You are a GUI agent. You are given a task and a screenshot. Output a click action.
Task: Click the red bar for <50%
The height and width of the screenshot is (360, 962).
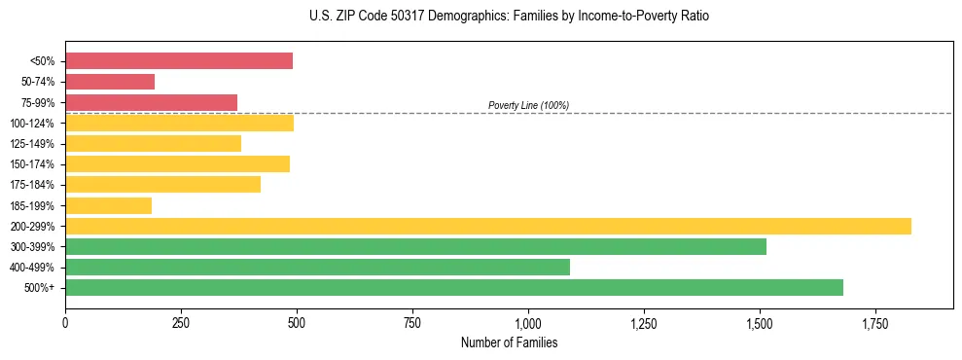[x=179, y=61]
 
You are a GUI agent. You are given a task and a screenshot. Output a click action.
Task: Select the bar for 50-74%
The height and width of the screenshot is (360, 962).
[x=110, y=82]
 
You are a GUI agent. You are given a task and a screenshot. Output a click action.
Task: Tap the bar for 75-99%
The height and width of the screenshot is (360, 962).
[x=151, y=102]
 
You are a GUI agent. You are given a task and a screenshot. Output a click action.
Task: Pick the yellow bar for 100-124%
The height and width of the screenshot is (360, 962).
[x=179, y=123]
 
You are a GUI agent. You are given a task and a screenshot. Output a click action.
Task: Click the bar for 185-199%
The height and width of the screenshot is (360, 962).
[x=108, y=205]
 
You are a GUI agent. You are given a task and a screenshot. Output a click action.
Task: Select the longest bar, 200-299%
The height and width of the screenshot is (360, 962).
[x=487, y=226]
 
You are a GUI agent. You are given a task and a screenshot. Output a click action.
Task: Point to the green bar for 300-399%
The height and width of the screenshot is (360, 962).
[x=415, y=246]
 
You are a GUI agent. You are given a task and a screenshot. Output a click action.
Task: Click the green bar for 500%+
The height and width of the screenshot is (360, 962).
[x=453, y=287]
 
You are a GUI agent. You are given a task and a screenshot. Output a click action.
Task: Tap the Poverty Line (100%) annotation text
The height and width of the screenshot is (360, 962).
[x=528, y=105]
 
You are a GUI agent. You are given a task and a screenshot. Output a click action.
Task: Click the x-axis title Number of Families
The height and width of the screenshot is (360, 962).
[x=509, y=342]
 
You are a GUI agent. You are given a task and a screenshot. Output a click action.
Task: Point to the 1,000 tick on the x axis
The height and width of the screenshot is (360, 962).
[x=528, y=322]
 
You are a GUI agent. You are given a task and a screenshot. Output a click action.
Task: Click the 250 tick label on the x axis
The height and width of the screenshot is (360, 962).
[x=181, y=322]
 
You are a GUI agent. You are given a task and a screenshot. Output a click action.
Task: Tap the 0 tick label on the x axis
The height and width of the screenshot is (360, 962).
[x=65, y=322]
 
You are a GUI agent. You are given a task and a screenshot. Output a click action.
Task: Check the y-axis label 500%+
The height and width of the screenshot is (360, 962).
[x=38, y=288]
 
